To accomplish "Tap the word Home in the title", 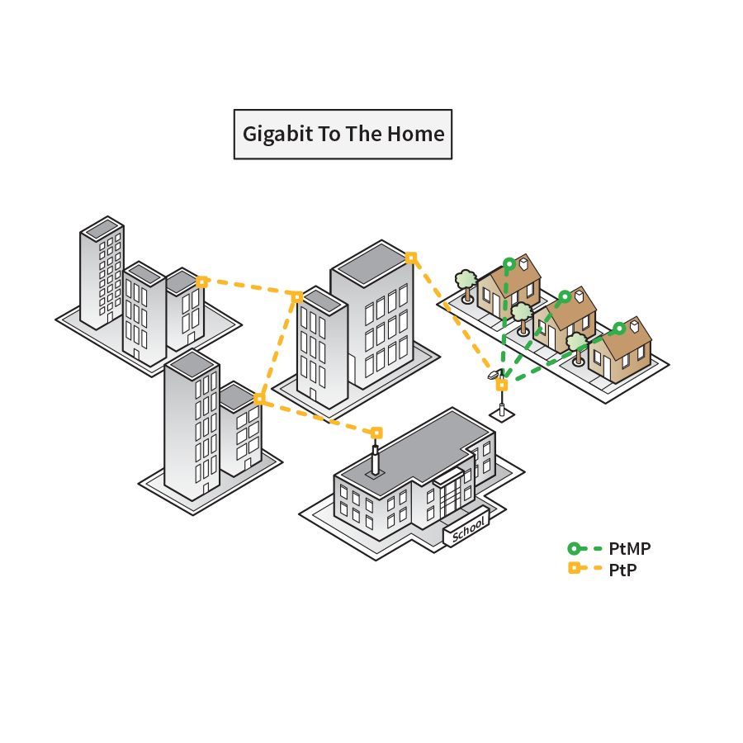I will click(417, 135).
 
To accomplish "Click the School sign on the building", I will click(468, 529).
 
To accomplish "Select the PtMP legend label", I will click(629, 548).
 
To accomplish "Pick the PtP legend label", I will click(622, 569).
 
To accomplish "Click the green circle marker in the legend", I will click(574, 548).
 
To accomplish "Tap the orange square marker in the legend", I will click(574, 568).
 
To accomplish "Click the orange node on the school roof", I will click(376, 433).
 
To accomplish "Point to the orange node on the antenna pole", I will click(501, 385).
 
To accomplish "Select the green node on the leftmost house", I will click(509, 264).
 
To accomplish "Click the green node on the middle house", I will click(565, 296).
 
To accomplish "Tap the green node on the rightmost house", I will click(619, 328).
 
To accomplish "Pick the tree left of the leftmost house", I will click(466, 281).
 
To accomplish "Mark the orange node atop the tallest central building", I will click(411, 258).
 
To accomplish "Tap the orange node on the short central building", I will click(297, 296).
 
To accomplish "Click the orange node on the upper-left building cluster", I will click(201, 282).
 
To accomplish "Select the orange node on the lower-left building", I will click(259, 399).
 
